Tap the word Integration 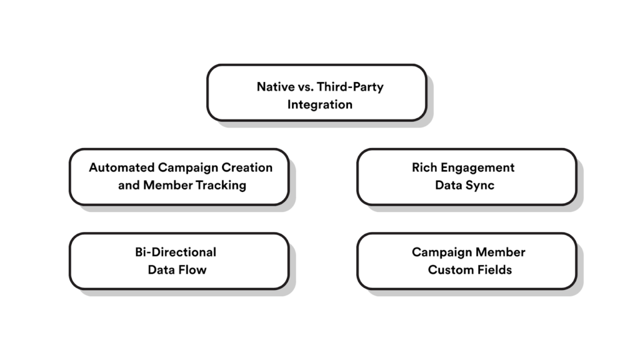(x=319, y=104)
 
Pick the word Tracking (x=221, y=185)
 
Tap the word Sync (x=481, y=185)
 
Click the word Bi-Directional (x=176, y=252)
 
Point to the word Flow (x=193, y=269)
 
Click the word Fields (x=494, y=269)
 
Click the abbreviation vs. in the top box (x=302, y=87)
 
